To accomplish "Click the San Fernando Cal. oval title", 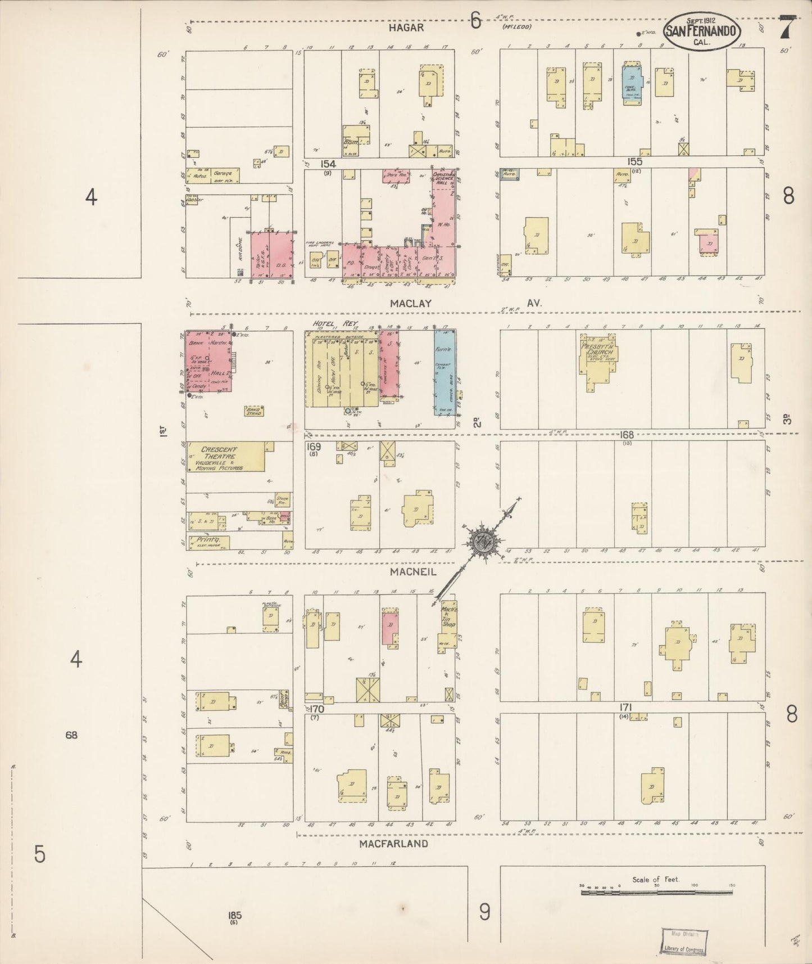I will click(x=702, y=31).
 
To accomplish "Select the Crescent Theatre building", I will click(x=225, y=457).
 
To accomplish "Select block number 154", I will click(x=328, y=164).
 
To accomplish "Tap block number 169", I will click(x=314, y=447).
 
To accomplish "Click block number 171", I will click(x=627, y=708).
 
